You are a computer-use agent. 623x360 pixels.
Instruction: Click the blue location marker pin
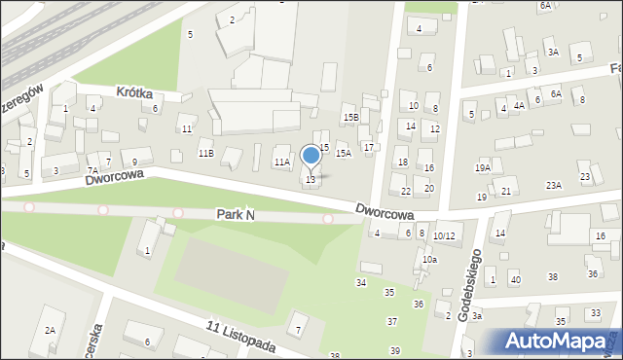point(311,156)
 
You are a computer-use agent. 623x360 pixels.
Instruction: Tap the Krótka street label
point(135,91)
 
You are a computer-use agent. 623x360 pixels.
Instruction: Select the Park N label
point(236,214)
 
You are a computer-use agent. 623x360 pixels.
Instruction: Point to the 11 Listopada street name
point(240,337)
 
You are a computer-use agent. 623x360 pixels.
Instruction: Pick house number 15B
point(350,117)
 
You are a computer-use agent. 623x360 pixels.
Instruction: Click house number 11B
point(205,154)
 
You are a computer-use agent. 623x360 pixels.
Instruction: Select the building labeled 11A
point(281,162)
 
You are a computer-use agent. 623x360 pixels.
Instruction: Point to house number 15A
point(343,154)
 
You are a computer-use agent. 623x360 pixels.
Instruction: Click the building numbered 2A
point(50,331)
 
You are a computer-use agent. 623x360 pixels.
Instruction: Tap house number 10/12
point(444,235)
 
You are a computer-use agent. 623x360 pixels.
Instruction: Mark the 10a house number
point(429,260)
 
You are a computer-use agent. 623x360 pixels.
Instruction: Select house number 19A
point(482,168)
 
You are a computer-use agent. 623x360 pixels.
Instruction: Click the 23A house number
point(553,185)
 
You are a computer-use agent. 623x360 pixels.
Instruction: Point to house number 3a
point(477,316)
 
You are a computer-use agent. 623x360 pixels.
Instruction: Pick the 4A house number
point(519,105)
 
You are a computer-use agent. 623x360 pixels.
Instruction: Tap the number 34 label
point(361,282)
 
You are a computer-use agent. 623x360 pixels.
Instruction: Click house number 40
point(515,280)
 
